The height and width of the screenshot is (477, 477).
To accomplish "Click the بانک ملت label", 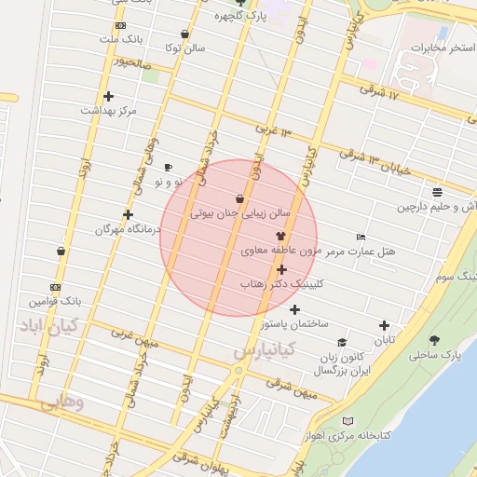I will (123, 40).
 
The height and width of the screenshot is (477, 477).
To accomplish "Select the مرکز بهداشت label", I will (108, 110).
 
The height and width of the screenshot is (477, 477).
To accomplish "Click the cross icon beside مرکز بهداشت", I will (108, 96).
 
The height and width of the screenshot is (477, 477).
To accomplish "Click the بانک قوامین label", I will (56, 302).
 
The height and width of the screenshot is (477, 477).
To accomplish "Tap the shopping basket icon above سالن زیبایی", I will (240, 198).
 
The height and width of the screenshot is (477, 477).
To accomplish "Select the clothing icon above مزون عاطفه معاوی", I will (280, 237).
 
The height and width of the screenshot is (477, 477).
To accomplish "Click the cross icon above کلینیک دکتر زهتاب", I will (281, 269).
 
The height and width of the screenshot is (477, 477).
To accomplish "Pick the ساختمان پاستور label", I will (295, 323).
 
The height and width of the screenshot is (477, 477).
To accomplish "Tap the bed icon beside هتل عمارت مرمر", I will (361, 238).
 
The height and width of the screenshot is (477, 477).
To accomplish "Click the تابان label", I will (385, 340).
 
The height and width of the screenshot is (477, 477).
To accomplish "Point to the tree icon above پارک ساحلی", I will (434, 340).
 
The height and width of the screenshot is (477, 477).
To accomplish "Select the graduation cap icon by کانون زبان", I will (342, 343).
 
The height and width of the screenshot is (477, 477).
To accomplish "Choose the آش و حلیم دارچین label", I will (437, 206).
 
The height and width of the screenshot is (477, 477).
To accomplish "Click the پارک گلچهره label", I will (240, 16).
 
